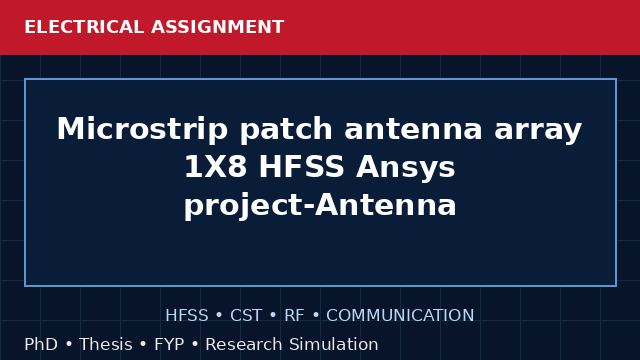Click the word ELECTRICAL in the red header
(84, 27)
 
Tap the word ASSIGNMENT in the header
(217, 27)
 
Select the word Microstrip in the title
(142, 129)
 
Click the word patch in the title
(286, 129)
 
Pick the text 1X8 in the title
(216, 167)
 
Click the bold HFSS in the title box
(301, 167)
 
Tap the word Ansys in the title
(405, 168)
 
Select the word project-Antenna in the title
(320, 205)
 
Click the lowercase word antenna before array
(413, 130)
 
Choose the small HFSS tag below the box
(187, 316)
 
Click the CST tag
(246, 316)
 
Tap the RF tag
(294, 316)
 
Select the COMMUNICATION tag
(400, 316)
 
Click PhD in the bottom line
(41, 344)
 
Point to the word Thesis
(106, 344)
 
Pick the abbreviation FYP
(169, 344)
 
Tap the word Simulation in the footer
(334, 344)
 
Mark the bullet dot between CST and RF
(273, 316)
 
